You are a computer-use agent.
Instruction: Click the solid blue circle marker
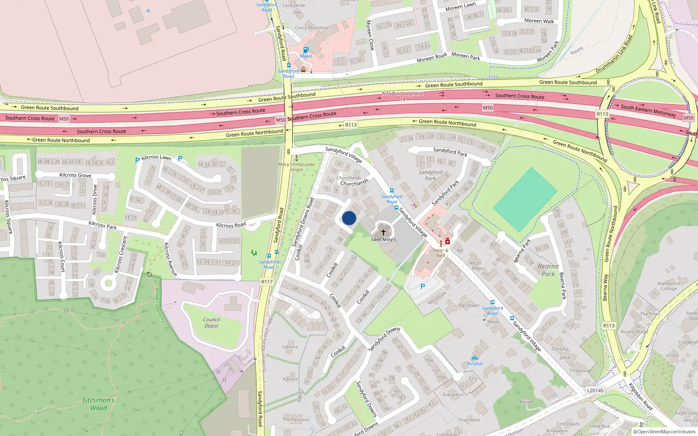[x=349, y=218]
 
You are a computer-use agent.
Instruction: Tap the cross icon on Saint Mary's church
[x=383, y=232]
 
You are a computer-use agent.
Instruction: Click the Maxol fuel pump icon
[x=306, y=50]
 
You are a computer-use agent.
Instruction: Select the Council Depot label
[x=212, y=323]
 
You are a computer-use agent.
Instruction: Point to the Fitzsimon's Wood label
[x=99, y=404]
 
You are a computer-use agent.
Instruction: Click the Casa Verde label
[x=294, y=6]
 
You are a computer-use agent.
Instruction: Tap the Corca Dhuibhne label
[x=311, y=28]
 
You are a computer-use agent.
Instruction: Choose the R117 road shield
[x=267, y=282]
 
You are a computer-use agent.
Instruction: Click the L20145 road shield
[x=595, y=390]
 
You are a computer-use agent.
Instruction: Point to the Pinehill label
[x=475, y=364]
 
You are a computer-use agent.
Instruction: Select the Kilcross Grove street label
[x=75, y=175]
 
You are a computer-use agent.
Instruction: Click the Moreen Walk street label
[x=539, y=21]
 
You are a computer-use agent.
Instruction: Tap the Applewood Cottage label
[x=668, y=286]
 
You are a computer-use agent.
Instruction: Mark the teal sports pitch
[x=525, y=199]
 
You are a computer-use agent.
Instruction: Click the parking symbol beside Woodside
[x=422, y=286]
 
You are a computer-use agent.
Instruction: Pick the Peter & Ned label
[x=441, y=253]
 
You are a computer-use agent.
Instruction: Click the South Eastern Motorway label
[x=648, y=110]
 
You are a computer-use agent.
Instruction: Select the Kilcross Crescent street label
[x=121, y=255]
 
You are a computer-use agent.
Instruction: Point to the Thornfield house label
[x=469, y=420]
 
